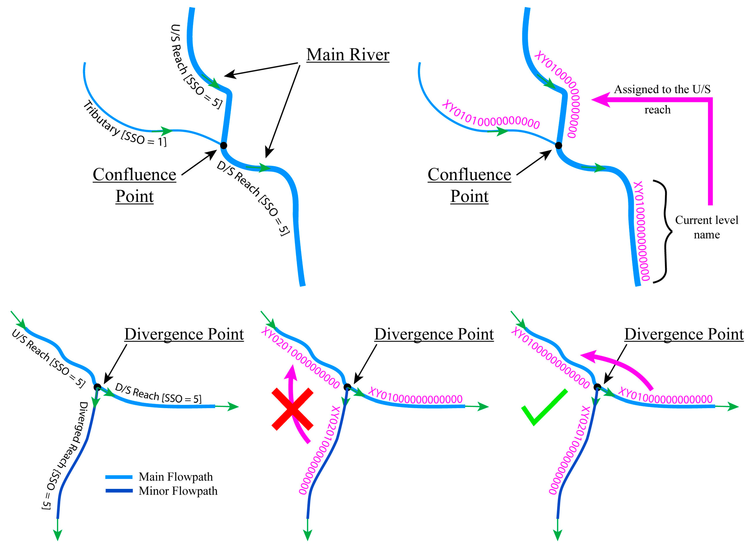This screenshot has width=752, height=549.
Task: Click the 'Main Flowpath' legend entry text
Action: tap(175, 477)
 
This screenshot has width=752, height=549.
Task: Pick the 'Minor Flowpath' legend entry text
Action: tap(178, 491)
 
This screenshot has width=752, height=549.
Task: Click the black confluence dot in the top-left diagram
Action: tap(223, 145)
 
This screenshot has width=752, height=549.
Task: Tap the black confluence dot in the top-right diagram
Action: tap(558, 145)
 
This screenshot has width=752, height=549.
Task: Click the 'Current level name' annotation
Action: tap(706, 227)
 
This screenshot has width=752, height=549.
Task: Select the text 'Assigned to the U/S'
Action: tap(662, 89)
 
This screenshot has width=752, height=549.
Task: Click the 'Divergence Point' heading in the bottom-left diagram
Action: tap(184, 334)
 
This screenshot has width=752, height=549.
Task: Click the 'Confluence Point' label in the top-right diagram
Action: tap(469, 185)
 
